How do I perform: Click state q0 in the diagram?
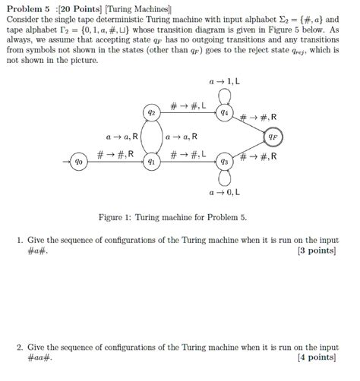(79, 162)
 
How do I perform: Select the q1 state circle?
(152, 162)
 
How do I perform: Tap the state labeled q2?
(152, 112)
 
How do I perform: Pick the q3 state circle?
(223, 162)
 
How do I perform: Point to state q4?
(223, 112)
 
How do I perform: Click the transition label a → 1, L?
(223, 80)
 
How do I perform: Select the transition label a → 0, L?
(223, 194)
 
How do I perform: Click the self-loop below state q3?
(223, 178)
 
